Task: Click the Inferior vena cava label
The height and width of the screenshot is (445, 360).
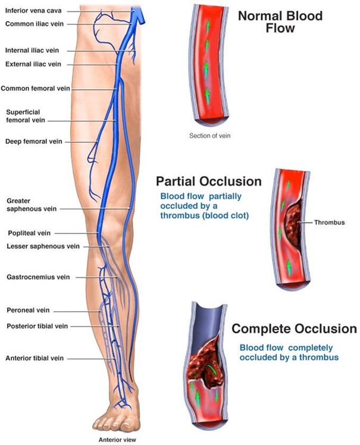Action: [33, 11]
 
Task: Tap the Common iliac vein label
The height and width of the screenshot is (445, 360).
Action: [35, 24]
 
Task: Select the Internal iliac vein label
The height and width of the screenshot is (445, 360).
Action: [32, 51]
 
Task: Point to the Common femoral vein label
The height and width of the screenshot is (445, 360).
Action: [35, 88]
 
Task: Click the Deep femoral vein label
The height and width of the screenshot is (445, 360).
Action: [34, 142]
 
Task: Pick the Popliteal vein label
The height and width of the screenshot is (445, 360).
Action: [29, 233]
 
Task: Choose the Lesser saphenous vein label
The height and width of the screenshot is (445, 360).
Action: [43, 246]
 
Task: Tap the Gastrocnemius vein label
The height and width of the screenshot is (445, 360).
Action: [38, 277]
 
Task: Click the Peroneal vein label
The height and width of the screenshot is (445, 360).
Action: [28, 310]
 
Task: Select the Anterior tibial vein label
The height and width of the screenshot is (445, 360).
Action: [35, 358]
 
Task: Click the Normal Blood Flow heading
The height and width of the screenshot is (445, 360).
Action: [280, 22]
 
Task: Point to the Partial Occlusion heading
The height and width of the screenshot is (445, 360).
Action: [209, 181]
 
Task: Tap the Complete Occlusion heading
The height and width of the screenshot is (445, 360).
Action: [294, 328]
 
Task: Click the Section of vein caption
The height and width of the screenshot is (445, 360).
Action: [210, 136]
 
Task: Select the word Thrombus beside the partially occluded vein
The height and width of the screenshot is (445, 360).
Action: [329, 223]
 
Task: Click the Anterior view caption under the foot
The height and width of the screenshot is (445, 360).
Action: [117, 440]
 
